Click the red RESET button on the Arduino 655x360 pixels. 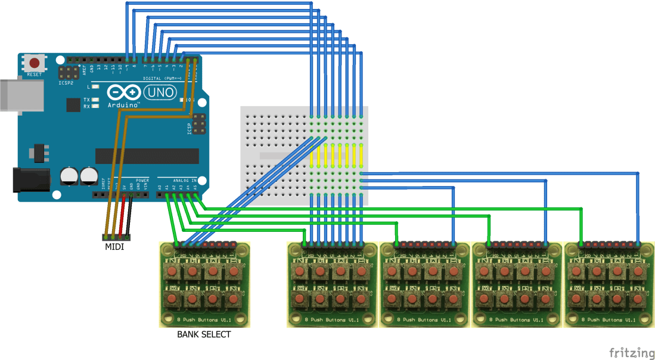(35, 63)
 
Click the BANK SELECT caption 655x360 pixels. (204, 334)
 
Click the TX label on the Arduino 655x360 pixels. (87, 100)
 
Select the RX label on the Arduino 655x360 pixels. (87, 106)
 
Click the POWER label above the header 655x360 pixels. (142, 180)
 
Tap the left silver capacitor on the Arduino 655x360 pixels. (70, 176)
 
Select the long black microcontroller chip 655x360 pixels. (147, 155)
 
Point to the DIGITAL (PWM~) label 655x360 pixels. (161, 78)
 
